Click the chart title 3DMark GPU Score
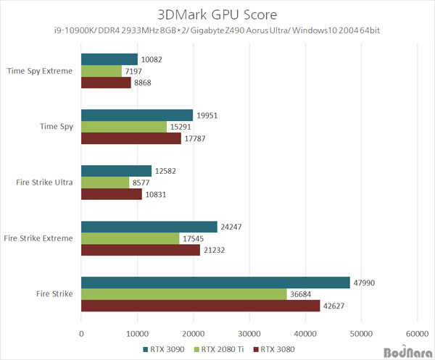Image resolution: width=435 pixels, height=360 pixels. [x=217, y=14]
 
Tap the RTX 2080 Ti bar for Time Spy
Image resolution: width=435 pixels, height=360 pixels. [x=124, y=127]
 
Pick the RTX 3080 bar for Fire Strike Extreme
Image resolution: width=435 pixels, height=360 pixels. [x=140, y=250]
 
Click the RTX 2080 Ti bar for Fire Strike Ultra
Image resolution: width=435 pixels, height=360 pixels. [x=105, y=183]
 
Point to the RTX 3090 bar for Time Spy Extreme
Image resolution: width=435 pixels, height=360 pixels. [x=109, y=59]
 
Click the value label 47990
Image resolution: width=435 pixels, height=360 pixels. [x=367, y=283]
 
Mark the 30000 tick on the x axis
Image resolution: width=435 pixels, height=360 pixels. [x=249, y=334]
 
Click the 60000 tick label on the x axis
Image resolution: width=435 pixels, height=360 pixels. [x=416, y=334]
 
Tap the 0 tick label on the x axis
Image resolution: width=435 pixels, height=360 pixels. [x=81, y=334]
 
